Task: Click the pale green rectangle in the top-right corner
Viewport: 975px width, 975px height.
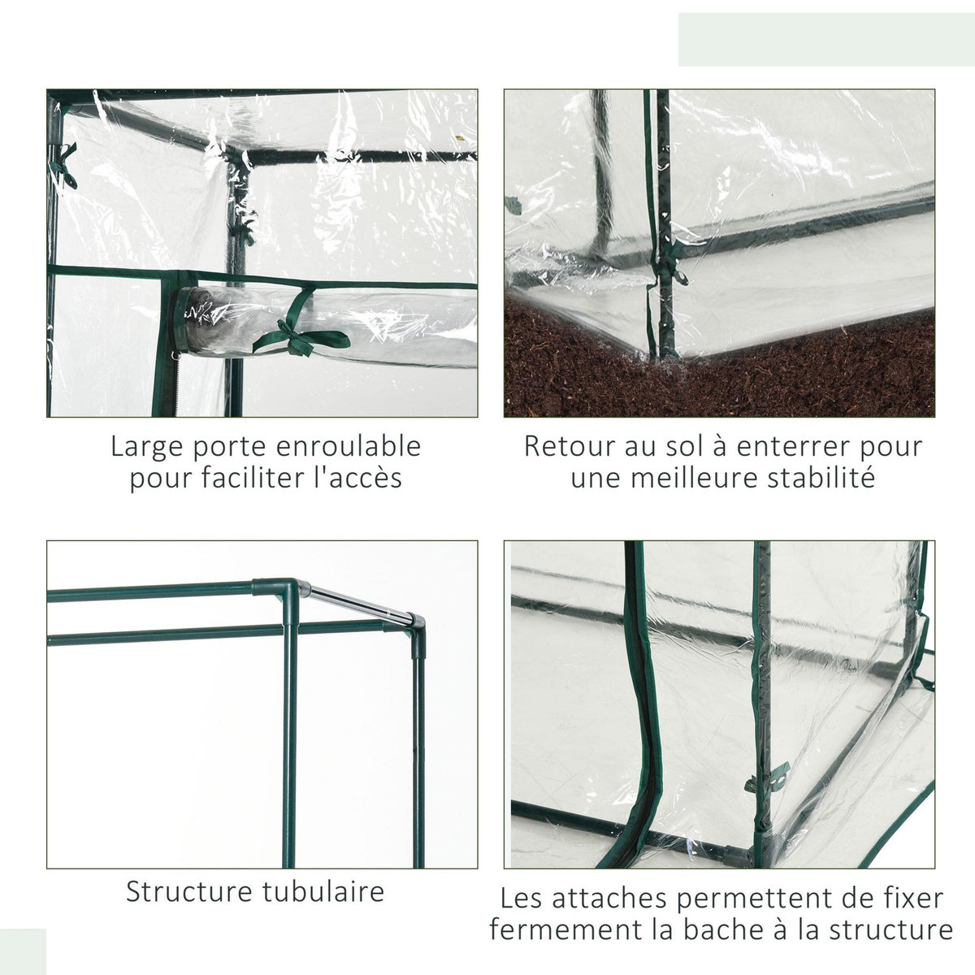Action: click(826, 39)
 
